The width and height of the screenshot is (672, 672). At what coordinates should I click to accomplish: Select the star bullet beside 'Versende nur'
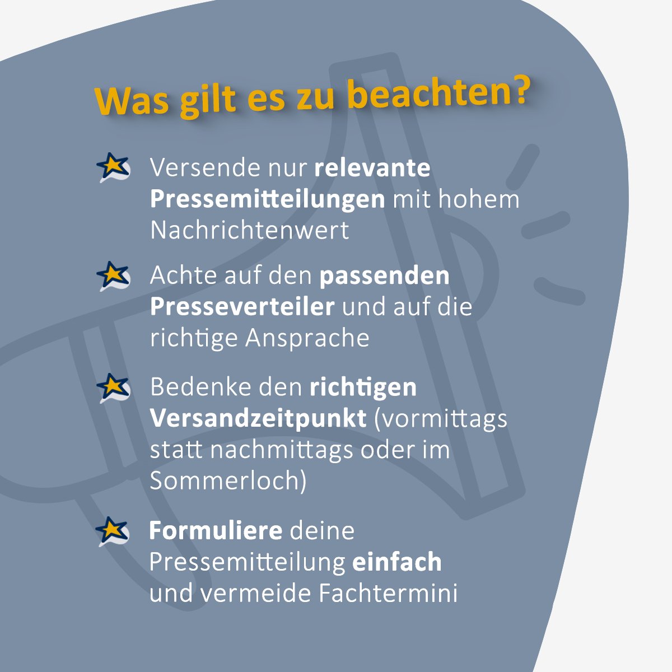(x=113, y=166)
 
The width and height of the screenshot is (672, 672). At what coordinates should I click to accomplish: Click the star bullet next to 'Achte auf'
(x=113, y=276)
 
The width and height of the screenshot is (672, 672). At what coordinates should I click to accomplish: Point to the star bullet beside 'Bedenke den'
(x=113, y=388)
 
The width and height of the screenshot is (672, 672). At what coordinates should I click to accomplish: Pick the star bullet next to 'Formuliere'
(x=113, y=531)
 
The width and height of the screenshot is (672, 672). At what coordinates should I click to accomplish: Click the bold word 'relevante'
(x=372, y=168)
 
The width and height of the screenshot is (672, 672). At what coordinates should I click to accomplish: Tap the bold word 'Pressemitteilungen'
(x=268, y=199)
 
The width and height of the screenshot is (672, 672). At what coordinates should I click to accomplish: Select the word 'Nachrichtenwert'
(x=250, y=230)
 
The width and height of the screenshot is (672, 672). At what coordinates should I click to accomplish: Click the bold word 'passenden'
(x=385, y=276)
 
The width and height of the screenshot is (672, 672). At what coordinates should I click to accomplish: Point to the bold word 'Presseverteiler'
(x=242, y=307)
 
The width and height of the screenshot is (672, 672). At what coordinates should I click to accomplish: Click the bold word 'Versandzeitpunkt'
(x=258, y=419)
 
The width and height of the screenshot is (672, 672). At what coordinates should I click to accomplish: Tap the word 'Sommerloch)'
(x=228, y=481)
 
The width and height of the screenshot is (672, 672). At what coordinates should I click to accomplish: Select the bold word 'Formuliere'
(x=216, y=531)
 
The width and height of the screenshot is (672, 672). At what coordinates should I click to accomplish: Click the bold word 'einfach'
(x=397, y=562)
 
